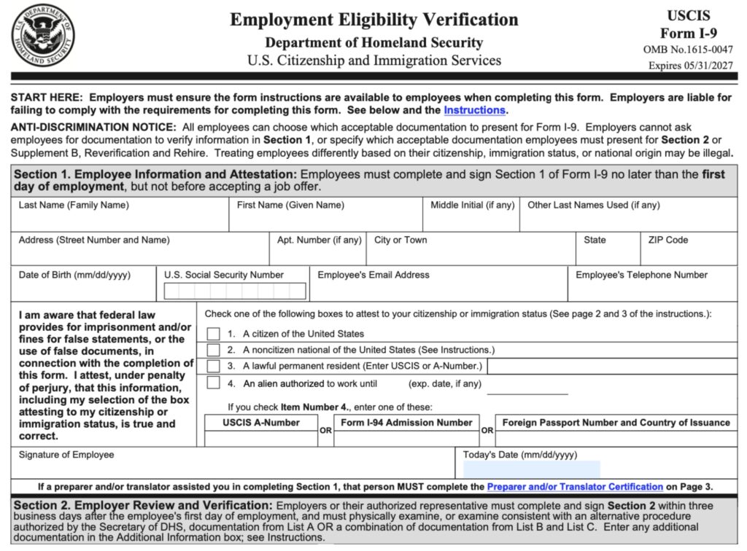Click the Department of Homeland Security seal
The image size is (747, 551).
point(43,35)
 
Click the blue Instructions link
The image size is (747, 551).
point(474,110)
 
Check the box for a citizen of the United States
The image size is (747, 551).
point(213,334)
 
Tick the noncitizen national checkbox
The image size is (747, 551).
point(213,350)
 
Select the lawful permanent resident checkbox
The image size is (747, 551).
point(213,366)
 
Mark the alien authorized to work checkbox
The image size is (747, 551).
point(213,383)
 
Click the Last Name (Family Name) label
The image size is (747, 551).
point(74,206)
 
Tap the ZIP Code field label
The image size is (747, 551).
point(667,241)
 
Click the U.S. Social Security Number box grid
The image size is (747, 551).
point(235,292)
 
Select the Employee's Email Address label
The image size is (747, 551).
point(373,275)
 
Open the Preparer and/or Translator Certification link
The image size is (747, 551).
point(575,487)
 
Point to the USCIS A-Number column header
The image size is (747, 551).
point(261,423)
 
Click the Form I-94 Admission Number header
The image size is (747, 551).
point(406,423)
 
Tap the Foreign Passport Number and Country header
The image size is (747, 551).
point(616,423)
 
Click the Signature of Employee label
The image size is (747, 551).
point(66,455)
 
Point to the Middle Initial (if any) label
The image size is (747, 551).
point(472,206)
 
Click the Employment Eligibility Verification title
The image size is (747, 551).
point(374,20)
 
